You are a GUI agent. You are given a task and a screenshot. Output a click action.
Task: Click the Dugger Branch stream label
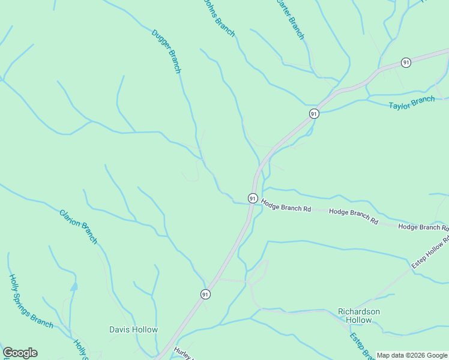coord(166,52)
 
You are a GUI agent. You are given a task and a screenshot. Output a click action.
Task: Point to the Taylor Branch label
coord(411,103)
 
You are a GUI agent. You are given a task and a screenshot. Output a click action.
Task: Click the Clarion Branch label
coord(78,226)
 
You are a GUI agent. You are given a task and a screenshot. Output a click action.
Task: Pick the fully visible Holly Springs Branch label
coord(31,301)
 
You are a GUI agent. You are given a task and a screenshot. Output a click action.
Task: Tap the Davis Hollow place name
coord(133,329)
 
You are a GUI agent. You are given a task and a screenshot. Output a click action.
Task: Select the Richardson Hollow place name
coord(359,316)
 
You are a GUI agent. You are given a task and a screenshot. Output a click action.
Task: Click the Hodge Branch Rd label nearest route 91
coord(286,209)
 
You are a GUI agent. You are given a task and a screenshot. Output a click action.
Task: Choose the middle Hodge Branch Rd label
coord(354,216)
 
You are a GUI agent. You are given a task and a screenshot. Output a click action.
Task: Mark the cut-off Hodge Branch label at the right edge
coord(423,227)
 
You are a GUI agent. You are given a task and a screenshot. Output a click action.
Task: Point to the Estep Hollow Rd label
coord(430,252)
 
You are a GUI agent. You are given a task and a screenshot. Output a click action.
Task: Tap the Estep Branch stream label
coord(361,346)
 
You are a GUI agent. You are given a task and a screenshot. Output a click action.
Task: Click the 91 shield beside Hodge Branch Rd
coord(253,198)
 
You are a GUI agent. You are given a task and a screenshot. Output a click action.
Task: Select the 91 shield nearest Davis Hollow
coord(205,294)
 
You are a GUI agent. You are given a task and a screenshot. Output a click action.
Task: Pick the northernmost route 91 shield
coord(406,62)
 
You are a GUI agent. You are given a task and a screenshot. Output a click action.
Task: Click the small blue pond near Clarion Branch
coord(73,286)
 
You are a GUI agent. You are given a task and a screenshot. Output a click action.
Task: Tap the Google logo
coord(20,353)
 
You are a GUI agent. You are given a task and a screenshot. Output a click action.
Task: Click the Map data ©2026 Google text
coord(412,355)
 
